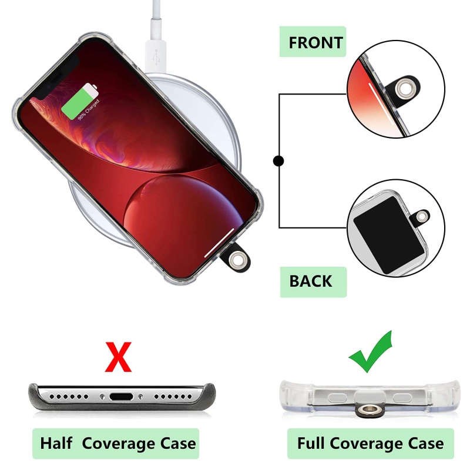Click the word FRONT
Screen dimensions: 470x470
(x=315, y=43)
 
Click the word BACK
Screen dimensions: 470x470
(x=310, y=281)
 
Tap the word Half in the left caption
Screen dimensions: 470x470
(x=56, y=443)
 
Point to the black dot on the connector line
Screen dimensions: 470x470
(x=278, y=160)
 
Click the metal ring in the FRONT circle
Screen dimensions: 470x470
(x=402, y=89)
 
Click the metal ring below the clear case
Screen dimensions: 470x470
(x=369, y=408)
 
